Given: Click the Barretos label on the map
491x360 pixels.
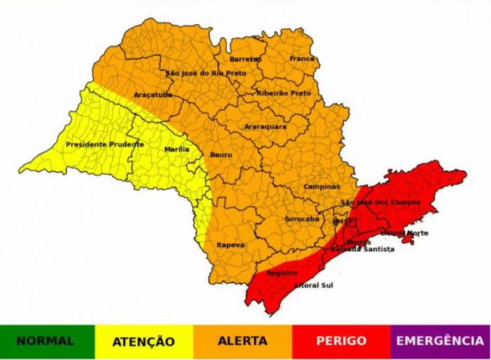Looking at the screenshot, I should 245,59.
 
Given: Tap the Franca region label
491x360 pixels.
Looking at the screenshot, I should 302,59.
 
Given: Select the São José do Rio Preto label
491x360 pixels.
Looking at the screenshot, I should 206,73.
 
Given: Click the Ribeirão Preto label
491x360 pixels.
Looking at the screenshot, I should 283,93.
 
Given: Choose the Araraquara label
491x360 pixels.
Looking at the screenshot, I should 265,126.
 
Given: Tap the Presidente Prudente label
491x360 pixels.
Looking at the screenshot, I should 105,144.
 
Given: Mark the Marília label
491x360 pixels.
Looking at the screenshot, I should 177,149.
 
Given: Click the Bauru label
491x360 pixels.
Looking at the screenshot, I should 221,154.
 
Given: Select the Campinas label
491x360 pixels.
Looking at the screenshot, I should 321,187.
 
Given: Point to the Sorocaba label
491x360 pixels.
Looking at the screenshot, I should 302,219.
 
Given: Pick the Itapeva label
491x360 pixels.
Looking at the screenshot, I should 230,244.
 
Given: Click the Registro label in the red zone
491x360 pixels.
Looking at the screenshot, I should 282,273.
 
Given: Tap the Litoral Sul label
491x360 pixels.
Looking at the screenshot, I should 313,286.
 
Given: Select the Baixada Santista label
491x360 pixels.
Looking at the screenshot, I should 363,249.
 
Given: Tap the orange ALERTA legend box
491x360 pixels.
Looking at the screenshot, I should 243,342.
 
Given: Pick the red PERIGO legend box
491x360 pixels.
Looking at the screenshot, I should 341,342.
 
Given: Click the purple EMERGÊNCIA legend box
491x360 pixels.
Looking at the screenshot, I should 440,342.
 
